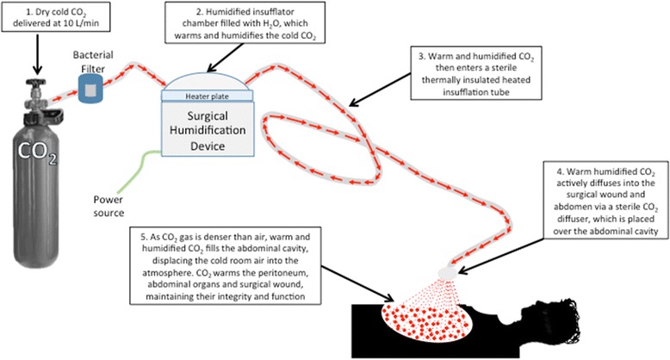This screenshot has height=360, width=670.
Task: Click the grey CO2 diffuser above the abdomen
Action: [447, 272]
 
